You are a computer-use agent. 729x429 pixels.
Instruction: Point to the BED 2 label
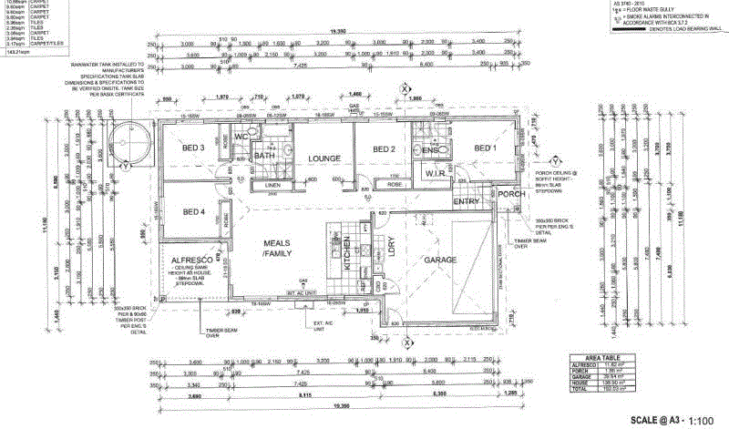point(382,149)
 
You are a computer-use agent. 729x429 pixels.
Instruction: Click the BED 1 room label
point(483,148)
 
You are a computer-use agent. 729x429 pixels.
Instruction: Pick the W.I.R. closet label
point(435,173)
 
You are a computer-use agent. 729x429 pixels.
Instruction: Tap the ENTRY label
point(467,201)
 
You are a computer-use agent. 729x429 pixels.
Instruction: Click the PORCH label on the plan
point(508,193)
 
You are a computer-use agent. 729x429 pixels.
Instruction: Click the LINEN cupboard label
point(273,187)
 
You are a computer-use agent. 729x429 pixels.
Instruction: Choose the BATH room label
point(264,156)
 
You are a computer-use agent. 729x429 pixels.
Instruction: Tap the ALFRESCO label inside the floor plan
point(192,260)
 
